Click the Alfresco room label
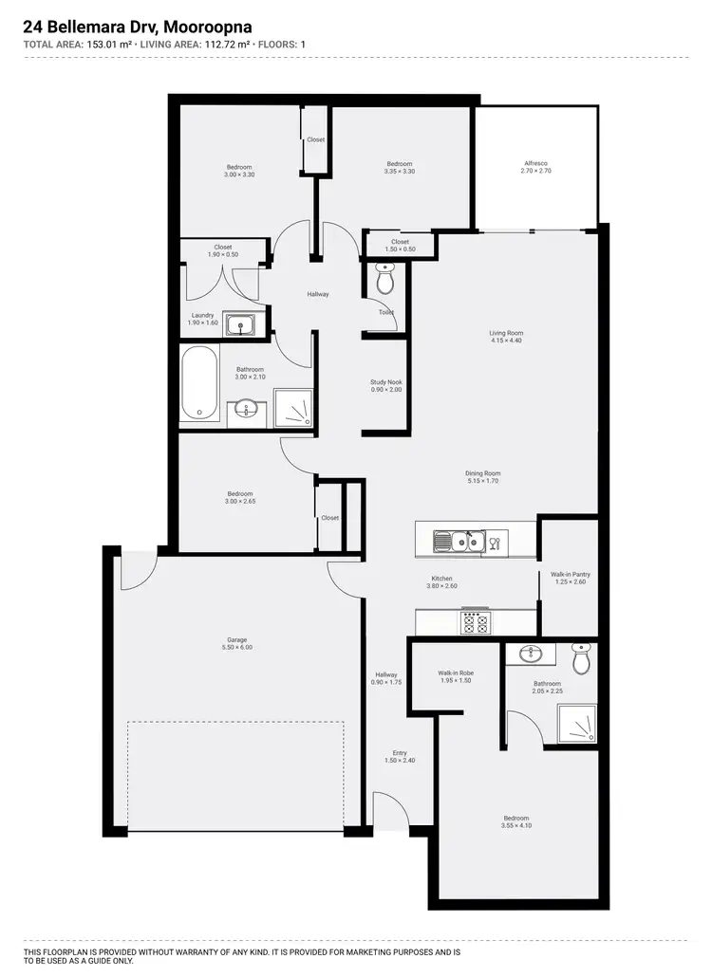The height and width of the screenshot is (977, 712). pyautogui.click(x=537, y=163)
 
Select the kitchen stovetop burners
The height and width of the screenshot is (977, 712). pyautogui.click(x=475, y=622)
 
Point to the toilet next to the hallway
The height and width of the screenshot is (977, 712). pyautogui.click(x=384, y=280)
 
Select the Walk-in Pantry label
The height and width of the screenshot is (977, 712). pyautogui.click(x=571, y=575)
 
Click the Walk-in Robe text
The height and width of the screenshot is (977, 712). pyautogui.click(x=456, y=673)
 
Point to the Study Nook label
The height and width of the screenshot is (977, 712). pyautogui.click(x=386, y=382)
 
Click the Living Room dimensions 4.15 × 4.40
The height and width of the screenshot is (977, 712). pyautogui.click(x=506, y=341)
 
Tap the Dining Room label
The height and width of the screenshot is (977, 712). pyautogui.click(x=483, y=473)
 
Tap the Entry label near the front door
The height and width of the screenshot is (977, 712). pyautogui.click(x=400, y=753)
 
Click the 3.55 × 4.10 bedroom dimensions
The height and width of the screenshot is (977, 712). pyautogui.click(x=516, y=825)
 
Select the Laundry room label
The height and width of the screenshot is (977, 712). pyautogui.click(x=202, y=316)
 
